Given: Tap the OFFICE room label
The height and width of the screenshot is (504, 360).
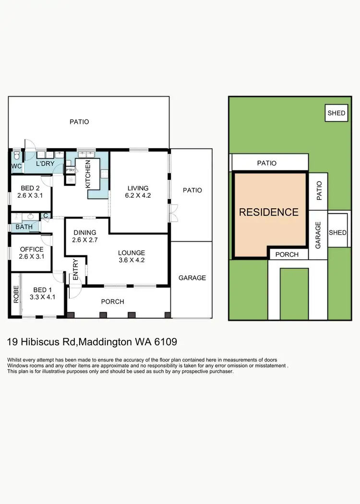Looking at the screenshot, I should click(x=31, y=249).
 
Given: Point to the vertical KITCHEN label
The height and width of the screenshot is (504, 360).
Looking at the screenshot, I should click(x=88, y=175).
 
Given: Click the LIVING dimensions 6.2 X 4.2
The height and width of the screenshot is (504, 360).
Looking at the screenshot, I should click(x=138, y=195).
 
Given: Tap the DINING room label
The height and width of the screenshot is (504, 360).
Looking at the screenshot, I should click(x=84, y=233).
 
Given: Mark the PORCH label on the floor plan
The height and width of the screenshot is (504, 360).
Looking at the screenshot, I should click(x=112, y=301).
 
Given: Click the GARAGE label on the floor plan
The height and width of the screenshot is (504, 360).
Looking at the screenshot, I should click(x=192, y=277).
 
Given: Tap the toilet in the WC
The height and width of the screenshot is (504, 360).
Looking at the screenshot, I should click(x=16, y=155).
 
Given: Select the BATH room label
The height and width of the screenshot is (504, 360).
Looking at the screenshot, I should click(x=24, y=227).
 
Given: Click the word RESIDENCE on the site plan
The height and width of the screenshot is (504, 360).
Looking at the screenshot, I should click(x=269, y=212).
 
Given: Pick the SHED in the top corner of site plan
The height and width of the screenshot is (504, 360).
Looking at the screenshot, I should click(x=336, y=113).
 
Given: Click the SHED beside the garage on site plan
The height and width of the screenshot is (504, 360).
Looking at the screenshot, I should click(x=337, y=232).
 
